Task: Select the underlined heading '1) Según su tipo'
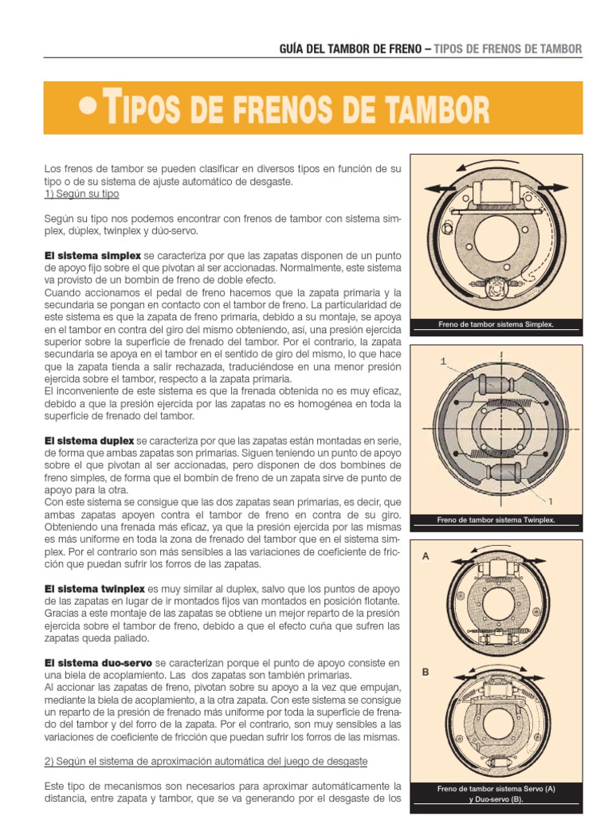coord(82,194)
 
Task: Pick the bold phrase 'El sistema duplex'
coord(90,441)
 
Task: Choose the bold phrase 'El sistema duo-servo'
coord(99,662)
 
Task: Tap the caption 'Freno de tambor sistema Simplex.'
coord(495,324)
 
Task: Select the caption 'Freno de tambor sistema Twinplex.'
coord(495,520)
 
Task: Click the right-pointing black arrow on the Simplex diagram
coord(560,188)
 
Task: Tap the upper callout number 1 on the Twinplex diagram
coord(442,361)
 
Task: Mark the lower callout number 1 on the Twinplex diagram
coord(549,500)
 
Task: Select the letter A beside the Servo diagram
coord(426,557)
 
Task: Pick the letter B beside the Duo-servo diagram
coord(426,672)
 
